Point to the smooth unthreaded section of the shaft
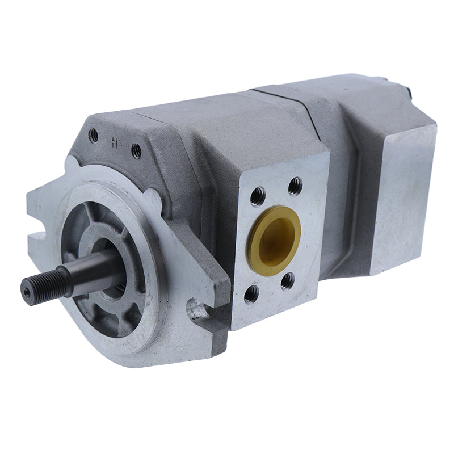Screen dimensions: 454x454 94,267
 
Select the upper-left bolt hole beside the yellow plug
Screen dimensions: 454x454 257,196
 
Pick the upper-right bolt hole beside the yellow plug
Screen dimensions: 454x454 295,186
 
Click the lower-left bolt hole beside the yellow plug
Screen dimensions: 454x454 251,293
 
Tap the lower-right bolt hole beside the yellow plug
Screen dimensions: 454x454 288,280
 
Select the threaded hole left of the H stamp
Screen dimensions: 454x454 94,135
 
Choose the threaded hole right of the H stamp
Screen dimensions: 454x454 136,150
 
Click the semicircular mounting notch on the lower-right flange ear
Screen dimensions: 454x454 196,309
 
